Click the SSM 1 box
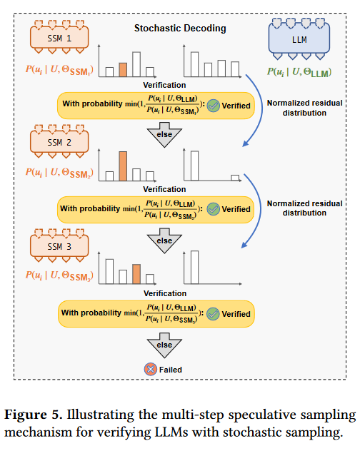pos(59,38)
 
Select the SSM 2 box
pos(59,142)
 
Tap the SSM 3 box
pos(59,246)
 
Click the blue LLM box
pos(299,39)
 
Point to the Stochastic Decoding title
pos(180,29)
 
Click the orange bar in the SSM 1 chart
pos(123,70)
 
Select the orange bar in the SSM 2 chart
pos(123,166)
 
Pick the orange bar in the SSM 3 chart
pos(136,274)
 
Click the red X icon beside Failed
pos(151,370)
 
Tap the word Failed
pos(171,370)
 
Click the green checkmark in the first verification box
pos(214,106)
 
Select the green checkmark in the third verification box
pos(213,314)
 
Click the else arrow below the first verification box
pos(164,135)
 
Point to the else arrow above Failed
pos(164,345)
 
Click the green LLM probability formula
pos(299,72)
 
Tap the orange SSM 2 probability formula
pos(59,173)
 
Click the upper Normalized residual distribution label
pos(305,108)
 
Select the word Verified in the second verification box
pos(236,209)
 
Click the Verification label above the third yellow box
pos(165,293)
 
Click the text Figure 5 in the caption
pos(33,415)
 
